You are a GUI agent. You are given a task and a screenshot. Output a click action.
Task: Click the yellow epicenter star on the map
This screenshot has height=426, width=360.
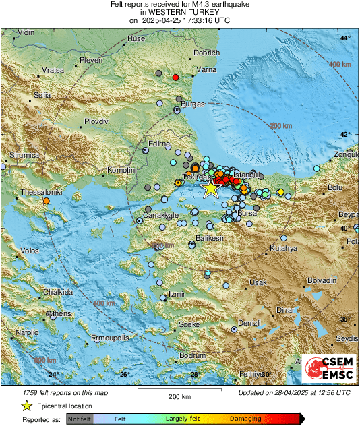[210, 189]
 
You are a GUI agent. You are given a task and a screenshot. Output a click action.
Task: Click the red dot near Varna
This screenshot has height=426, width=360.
[175, 78]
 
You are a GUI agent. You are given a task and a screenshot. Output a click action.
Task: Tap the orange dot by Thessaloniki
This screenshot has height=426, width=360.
[47, 201]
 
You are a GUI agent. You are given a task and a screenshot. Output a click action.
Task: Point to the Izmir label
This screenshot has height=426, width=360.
[176, 295]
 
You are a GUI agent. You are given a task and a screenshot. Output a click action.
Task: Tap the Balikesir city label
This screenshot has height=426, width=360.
[209, 239]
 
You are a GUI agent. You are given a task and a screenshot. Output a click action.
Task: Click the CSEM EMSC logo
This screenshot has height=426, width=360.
[329, 368]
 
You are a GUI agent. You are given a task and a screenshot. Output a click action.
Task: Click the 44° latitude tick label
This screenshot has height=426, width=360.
[344, 38]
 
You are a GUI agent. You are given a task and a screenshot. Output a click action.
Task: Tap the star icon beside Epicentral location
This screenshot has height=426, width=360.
[27, 406]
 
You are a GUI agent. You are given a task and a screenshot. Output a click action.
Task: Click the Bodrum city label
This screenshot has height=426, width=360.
[192, 355]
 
